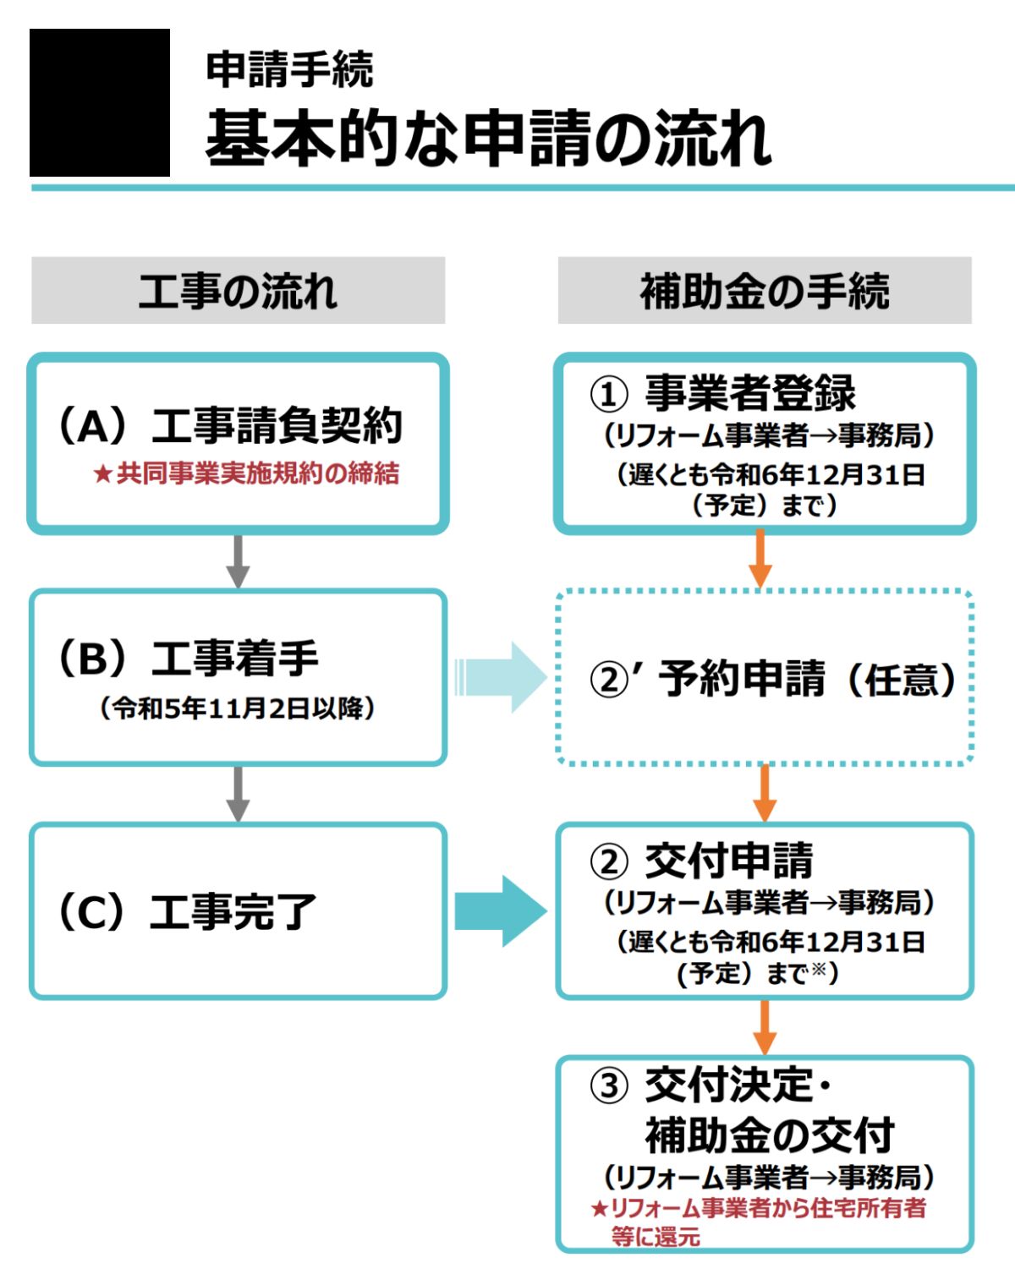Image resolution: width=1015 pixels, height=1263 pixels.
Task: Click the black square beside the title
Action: pyautogui.click(x=100, y=102)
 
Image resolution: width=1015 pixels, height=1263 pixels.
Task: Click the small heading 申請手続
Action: pyautogui.click(x=289, y=69)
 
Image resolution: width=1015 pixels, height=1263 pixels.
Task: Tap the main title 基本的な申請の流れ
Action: pyautogui.click(x=487, y=138)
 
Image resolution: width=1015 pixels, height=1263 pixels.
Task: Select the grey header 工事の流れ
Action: pyautogui.click(x=238, y=291)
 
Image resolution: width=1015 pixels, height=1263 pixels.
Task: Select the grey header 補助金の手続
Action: pyautogui.click(x=765, y=291)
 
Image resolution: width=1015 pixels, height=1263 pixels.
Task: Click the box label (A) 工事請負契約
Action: pyautogui.click(x=230, y=425)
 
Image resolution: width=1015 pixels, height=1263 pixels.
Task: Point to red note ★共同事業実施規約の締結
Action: pyautogui.click(x=246, y=473)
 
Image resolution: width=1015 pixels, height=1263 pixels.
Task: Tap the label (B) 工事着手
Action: pyautogui.click(x=188, y=658)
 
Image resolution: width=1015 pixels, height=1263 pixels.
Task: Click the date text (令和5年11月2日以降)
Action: pyautogui.click(x=238, y=708)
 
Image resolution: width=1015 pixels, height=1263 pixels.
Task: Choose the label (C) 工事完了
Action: pyautogui.click(x=187, y=911)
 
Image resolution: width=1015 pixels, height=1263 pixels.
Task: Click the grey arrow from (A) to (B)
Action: pyautogui.click(x=238, y=560)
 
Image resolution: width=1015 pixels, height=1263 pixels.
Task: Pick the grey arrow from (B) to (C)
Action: pyautogui.click(x=238, y=793)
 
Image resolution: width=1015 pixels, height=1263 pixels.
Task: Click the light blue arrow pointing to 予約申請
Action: pyautogui.click(x=501, y=676)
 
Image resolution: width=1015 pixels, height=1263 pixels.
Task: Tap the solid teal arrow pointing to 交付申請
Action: pyautogui.click(x=501, y=910)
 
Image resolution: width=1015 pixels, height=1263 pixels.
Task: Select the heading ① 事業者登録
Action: pyautogui.click(x=723, y=393)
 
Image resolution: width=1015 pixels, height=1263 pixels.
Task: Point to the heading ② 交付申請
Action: pyautogui.click(x=702, y=861)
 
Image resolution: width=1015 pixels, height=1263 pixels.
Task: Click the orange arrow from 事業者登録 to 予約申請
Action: pyautogui.click(x=760, y=559)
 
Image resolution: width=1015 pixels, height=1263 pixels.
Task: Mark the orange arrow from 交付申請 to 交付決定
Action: pyautogui.click(x=764, y=1026)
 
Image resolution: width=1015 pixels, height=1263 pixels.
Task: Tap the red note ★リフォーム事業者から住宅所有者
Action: pyautogui.click(x=758, y=1208)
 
